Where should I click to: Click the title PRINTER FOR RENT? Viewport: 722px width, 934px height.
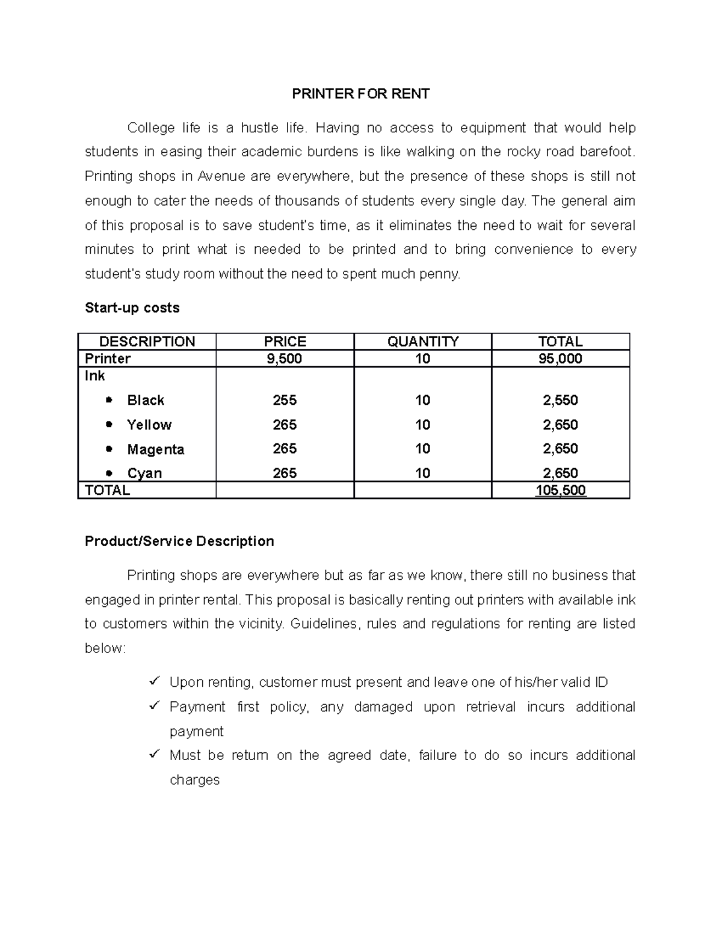(360, 94)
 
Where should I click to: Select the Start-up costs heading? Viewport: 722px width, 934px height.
(132, 308)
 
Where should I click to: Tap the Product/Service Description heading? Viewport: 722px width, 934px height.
(179, 541)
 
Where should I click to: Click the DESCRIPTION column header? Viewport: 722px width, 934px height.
(147, 342)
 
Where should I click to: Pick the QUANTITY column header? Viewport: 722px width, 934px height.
(422, 342)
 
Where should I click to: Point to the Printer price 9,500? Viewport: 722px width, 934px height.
(285, 359)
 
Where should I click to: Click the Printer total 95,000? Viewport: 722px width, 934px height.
(560, 359)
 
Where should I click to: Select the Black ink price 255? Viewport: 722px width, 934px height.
(285, 401)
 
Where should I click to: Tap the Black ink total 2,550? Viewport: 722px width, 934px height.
(560, 401)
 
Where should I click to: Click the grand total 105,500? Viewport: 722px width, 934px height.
(560, 491)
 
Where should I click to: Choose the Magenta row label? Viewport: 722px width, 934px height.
(155, 449)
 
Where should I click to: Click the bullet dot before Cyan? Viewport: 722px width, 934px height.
(109, 473)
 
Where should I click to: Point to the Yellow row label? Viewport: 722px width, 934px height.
(149, 425)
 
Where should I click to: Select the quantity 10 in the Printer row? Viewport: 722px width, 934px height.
(422, 359)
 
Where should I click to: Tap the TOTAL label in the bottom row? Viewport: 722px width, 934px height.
(107, 491)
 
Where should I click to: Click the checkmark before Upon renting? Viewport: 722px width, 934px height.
(154, 681)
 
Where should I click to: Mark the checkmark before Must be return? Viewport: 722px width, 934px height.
(154, 754)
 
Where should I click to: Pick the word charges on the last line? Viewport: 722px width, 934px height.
(194, 780)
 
